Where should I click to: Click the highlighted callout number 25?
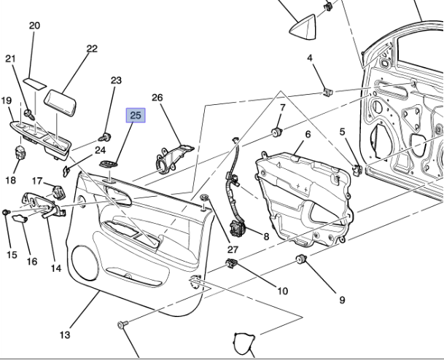(136, 115)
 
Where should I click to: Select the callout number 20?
(34, 26)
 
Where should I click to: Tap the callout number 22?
(91, 49)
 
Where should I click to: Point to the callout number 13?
(65, 334)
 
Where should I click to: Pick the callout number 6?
(307, 134)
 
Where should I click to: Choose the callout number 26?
(157, 98)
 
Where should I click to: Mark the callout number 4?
(310, 58)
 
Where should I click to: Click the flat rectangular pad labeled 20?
(33, 78)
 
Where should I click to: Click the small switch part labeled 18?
(20, 154)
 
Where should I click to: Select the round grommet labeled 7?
(277, 131)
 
